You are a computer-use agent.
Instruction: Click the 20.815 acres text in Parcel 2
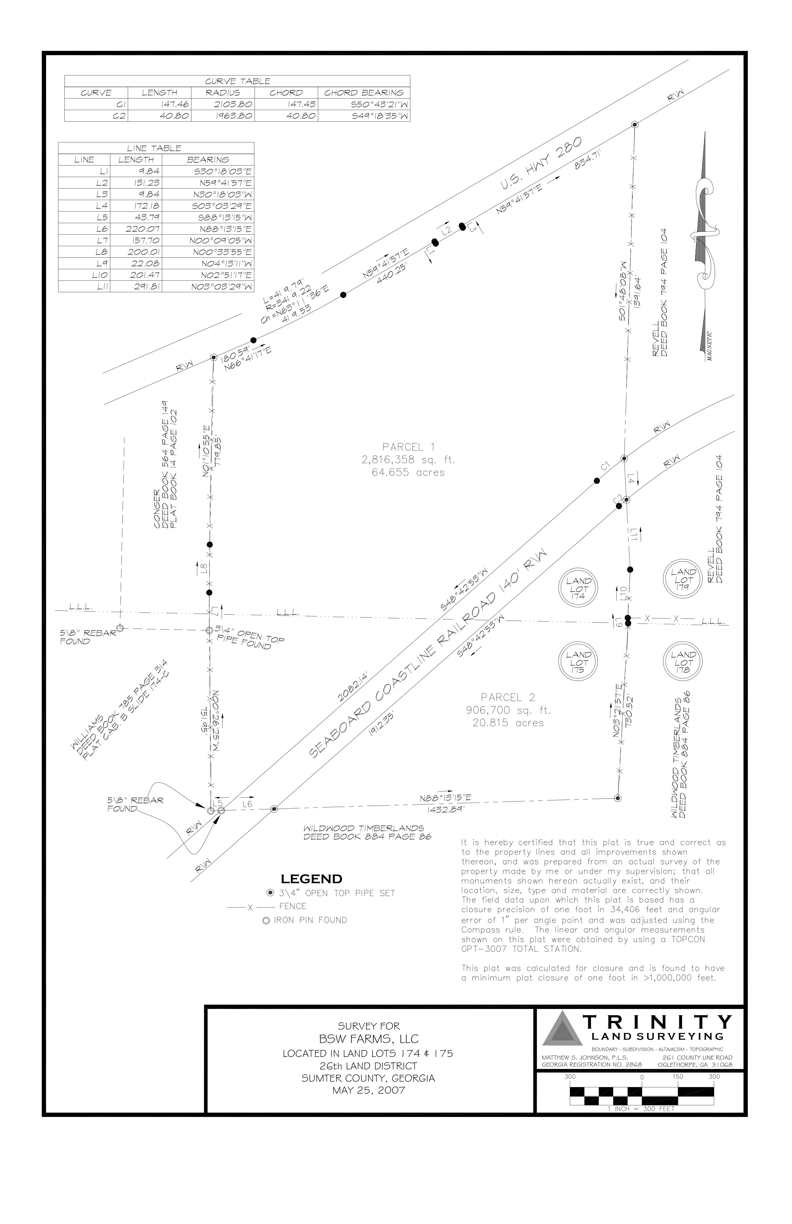pyautogui.click(x=508, y=723)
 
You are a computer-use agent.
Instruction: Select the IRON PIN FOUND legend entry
pyautogui.click(x=305, y=920)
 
